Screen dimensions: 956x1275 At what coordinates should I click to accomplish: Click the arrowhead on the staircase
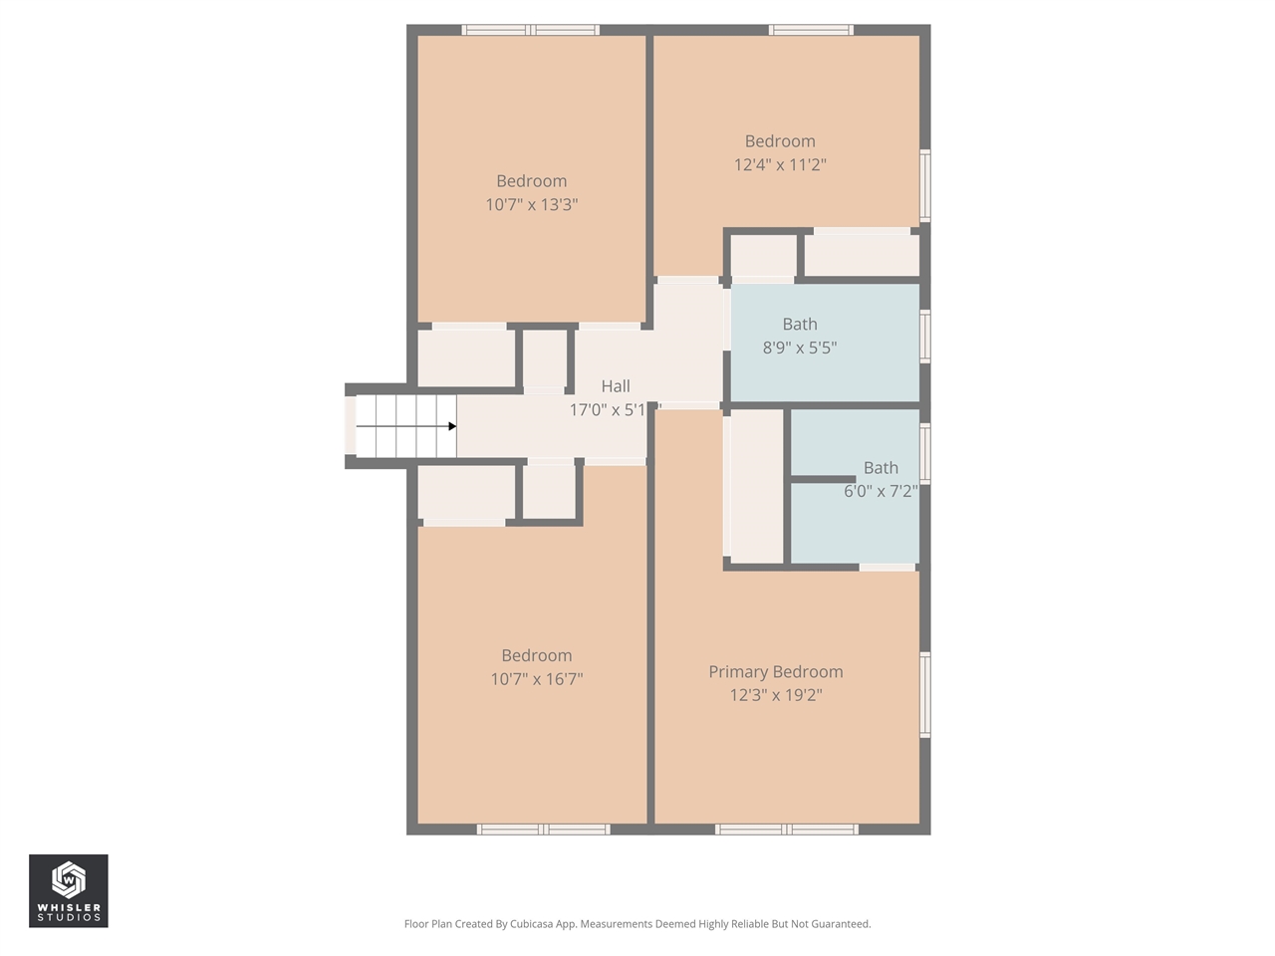[x=452, y=426]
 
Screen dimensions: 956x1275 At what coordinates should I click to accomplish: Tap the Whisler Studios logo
[x=68, y=890]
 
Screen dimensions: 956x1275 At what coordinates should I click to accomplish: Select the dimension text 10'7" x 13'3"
[x=532, y=205]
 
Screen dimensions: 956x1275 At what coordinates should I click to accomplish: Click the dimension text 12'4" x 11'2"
[x=780, y=165]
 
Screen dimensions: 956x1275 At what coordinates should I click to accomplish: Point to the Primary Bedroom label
[x=776, y=672]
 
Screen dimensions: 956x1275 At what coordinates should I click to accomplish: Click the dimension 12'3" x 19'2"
[x=776, y=695]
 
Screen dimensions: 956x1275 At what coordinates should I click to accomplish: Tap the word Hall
[x=616, y=386]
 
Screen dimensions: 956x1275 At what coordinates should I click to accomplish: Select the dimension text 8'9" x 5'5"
[x=800, y=349]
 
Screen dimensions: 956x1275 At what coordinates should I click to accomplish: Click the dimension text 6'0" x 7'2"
[x=881, y=491]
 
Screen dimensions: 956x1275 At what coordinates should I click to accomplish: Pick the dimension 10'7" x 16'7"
[x=537, y=679]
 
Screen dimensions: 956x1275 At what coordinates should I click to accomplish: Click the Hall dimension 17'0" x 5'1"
[x=609, y=410]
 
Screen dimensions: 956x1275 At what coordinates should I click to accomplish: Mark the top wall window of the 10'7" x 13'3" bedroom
[x=531, y=30]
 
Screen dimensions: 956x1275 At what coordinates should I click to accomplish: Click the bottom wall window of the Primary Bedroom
[x=786, y=829]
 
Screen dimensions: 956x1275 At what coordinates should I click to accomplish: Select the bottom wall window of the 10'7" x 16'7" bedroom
[x=544, y=829]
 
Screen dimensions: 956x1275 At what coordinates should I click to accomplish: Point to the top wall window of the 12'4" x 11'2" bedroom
[x=811, y=30]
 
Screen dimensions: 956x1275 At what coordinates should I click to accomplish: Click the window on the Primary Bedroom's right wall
[x=925, y=694]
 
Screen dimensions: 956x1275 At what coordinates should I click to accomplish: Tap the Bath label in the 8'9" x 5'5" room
[x=800, y=325]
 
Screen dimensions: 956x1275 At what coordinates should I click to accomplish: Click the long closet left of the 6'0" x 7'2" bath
[x=757, y=486]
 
